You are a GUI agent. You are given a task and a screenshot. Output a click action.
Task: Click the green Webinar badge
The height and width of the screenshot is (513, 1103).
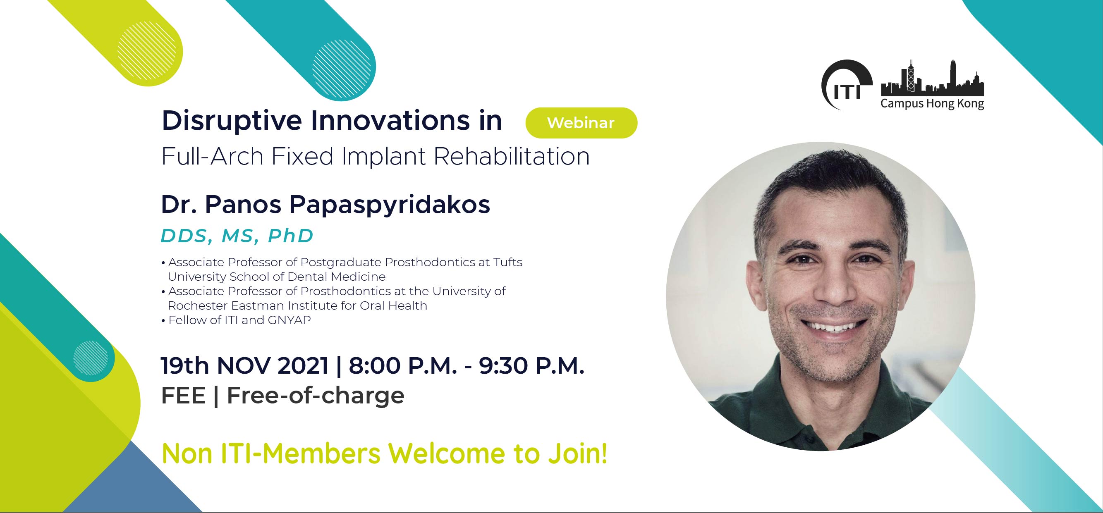(581, 123)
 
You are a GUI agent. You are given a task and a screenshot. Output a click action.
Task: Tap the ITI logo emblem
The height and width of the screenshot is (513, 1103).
(846, 85)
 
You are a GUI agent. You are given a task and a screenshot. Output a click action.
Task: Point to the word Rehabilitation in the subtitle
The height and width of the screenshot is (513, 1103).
(512, 156)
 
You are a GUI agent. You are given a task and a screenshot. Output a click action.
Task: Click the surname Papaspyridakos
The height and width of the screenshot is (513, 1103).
(390, 205)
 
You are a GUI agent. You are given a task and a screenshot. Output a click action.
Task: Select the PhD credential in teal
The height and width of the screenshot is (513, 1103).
(291, 236)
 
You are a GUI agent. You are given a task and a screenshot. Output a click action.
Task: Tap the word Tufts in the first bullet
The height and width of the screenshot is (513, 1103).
(508, 262)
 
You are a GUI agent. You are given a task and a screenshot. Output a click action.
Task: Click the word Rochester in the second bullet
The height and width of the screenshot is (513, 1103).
(198, 305)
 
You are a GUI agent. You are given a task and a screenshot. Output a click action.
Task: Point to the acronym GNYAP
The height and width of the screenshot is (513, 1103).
(290, 320)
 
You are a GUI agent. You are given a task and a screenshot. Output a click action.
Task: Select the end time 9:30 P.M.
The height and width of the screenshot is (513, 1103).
(532, 366)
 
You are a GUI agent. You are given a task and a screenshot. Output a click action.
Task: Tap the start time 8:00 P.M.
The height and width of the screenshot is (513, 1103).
(403, 366)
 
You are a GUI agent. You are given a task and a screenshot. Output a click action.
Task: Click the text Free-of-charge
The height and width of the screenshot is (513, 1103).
(316, 395)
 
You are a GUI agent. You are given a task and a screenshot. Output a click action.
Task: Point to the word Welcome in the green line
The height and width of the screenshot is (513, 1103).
(447, 453)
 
